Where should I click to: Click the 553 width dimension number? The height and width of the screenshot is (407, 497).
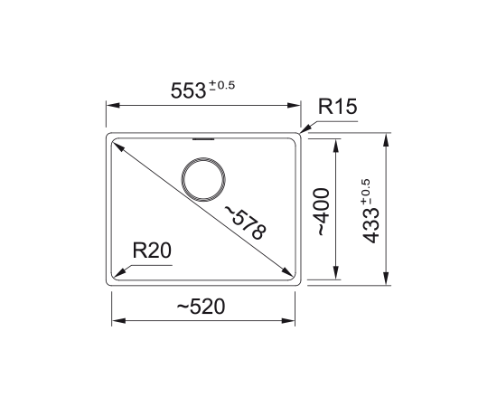coord(188,90)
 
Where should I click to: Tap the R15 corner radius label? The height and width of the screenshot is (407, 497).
coord(338,106)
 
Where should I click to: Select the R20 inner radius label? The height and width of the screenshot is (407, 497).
coord(152,251)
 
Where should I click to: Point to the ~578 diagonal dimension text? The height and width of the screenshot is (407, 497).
coord(245,222)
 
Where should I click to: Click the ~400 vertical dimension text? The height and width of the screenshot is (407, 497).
coord(321,212)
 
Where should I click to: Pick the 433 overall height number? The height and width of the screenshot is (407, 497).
coord(370,226)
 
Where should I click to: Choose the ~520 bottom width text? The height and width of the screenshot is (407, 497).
coord(201,307)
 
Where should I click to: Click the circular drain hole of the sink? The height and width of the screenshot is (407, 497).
coord(203,158)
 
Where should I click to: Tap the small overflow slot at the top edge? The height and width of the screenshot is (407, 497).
coord(203,139)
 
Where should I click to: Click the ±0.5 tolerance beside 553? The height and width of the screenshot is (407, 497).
coord(222,85)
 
